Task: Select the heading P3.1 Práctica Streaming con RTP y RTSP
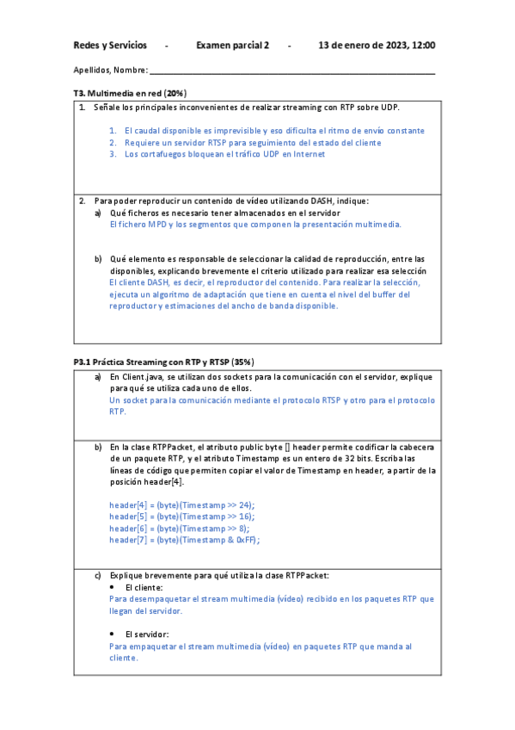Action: (x=164, y=362)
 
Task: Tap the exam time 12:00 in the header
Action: (x=424, y=45)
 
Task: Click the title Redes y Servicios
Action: (x=110, y=45)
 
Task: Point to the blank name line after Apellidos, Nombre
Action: (x=292, y=71)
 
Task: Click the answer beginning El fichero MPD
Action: (x=256, y=224)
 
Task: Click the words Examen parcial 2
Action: (x=233, y=45)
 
